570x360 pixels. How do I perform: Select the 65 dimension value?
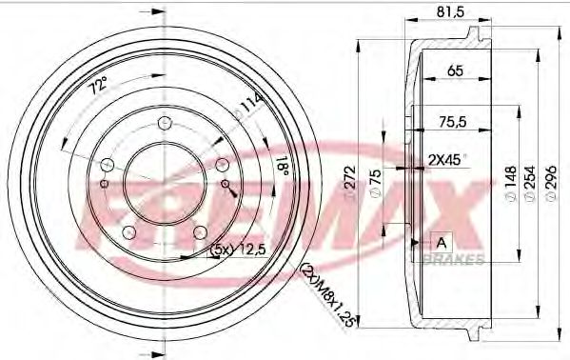[x=455, y=70]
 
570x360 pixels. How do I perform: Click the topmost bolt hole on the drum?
[x=164, y=121]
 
